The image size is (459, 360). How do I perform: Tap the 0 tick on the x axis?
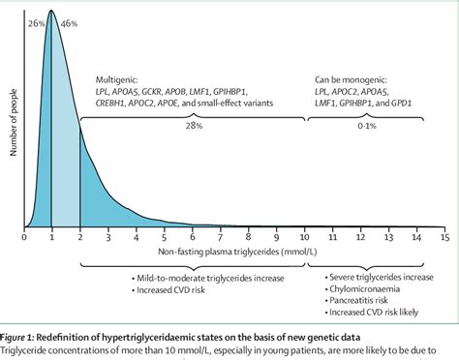pyautogui.click(x=23, y=235)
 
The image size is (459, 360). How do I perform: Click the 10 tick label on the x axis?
pyautogui.click(x=305, y=235)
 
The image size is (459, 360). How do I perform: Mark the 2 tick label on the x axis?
pyautogui.click(x=79, y=235)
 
